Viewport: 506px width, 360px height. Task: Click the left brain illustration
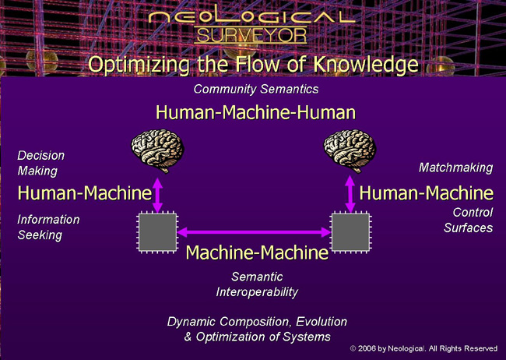[157, 150]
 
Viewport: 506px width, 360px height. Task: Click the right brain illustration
[350, 150]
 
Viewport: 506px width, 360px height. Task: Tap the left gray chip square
[157, 232]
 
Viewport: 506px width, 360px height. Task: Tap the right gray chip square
[351, 232]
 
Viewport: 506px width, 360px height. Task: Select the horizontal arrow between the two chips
[254, 231]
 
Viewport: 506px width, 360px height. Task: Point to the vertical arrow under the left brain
[157, 195]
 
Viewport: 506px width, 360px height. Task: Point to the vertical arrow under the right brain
[350, 194]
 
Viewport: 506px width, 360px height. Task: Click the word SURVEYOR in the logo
[251, 35]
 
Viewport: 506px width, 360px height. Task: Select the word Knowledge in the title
[366, 64]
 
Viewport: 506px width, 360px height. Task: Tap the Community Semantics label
[256, 89]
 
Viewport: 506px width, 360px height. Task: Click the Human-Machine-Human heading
[255, 112]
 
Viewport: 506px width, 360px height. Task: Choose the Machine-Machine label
[257, 252]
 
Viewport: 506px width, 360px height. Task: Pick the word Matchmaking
[455, 168]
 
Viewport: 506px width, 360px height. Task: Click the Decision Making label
[41, 163]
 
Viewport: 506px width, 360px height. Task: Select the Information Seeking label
[48, 227]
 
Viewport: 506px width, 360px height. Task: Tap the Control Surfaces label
[468, 220]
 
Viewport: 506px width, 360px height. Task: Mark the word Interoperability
[257, 291]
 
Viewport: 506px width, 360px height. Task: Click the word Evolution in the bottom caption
[322, 322]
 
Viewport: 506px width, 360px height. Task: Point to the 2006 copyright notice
[423, 348]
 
